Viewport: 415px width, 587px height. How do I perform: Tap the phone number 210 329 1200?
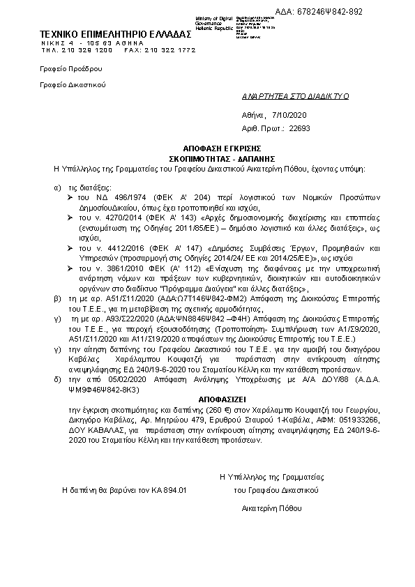[x=86, y=50]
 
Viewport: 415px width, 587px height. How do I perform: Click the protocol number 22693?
[x=299, y=128]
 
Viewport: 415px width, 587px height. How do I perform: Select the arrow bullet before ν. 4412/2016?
[x=71, y=247]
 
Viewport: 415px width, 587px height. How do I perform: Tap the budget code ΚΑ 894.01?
[x=165, y=491]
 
